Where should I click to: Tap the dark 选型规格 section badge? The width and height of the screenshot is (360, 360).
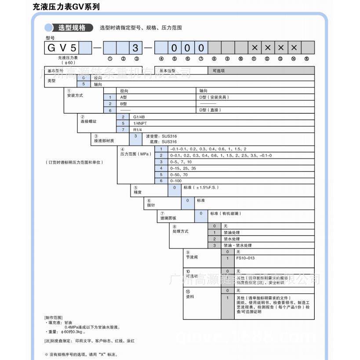pyautogui.click(x=72, y=28)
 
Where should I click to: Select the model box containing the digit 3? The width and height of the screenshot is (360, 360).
pyautogui.click(x=136, y=47)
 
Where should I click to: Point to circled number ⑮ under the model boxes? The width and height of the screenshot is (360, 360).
pyautogui.click(x=307, y=59)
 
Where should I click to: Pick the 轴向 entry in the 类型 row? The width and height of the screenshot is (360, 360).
pyautogui.click(x=98, y=84)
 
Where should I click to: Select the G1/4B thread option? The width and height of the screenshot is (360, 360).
pyautogui.click(x=139, y=117)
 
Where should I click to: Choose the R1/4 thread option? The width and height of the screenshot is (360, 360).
pyautogui.click(x=138, y=130)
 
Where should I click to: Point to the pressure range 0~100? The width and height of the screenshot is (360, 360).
pyautogui.click(x=175, y=181)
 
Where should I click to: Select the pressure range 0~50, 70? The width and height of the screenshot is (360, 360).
pyautogui.click(x=178, y=175)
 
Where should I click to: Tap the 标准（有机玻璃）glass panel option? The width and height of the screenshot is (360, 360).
pyautogui.click(x=225, y=214)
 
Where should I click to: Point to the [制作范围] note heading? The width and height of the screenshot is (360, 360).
pyautogui.click(x=54, y=317)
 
